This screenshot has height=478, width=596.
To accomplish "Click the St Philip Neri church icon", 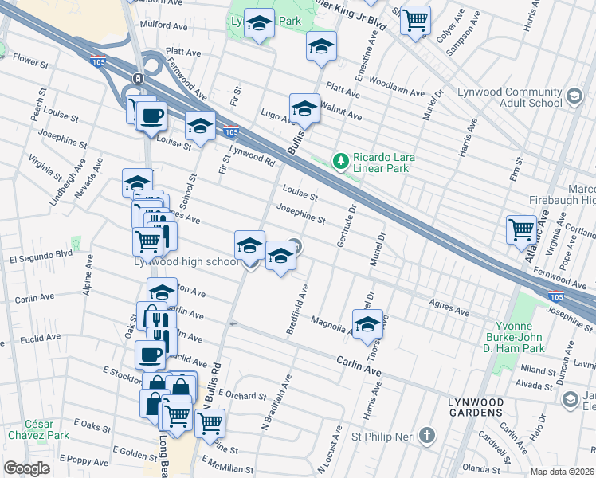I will [428, 435].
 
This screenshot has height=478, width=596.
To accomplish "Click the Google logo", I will [26, 468].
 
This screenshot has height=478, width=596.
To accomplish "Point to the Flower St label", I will [31, 61].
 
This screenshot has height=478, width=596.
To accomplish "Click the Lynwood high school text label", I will [186, 262].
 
